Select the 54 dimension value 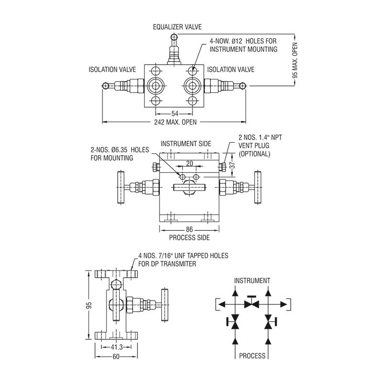click(x=175, y=113)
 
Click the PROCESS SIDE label click(x=190, y=237)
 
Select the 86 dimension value click(x=190, y=230)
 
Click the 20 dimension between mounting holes click(x=190, y=163)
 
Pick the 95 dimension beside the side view click(x=89, y=305)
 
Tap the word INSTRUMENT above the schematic click(x=252, y=281)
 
